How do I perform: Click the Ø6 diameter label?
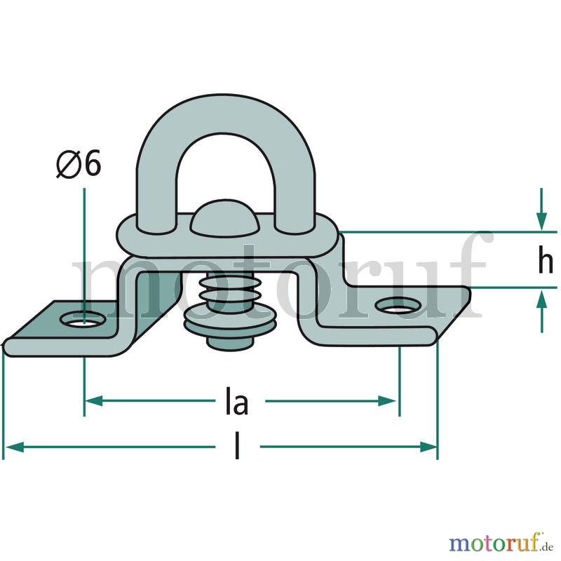click(79, 164)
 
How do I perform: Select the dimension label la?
click(236, 401)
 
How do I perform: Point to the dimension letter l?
click(237, 445)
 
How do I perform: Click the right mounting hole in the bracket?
click(398, 305)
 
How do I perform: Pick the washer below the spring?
click(230, 320)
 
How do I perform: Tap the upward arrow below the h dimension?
click(541, 311)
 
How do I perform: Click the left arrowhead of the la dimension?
click(94, 401)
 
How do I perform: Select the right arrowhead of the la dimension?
click(387, 401)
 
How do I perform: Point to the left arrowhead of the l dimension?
click(15, 447)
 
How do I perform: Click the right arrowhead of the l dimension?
click(428, 447)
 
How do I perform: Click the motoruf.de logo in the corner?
click(501, 543)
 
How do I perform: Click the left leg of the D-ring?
click(156, 194)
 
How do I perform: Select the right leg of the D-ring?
click(295, 194)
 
